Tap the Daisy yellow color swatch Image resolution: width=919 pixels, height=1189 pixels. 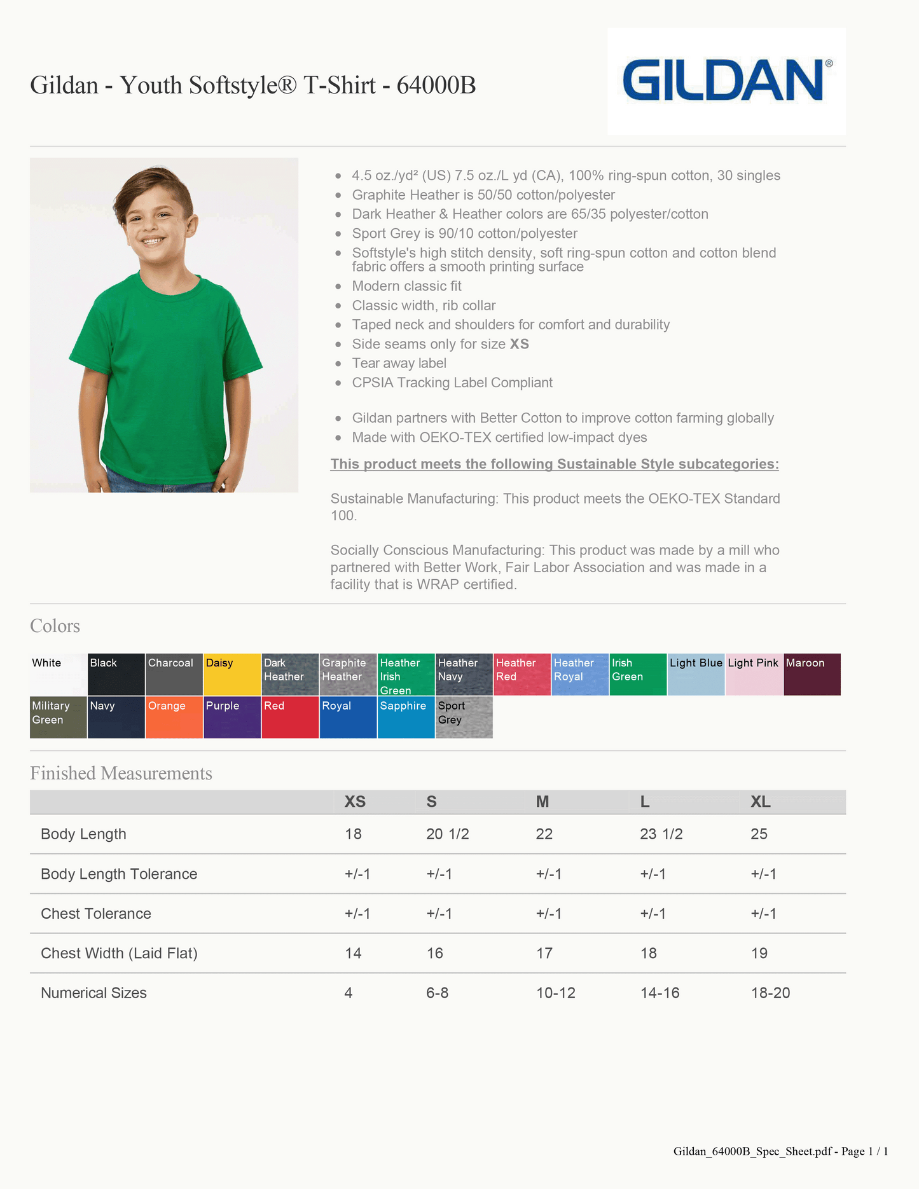232,675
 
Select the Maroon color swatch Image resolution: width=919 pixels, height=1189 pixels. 812,675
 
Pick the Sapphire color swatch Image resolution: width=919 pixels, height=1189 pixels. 406,717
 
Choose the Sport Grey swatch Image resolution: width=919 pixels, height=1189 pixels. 464,717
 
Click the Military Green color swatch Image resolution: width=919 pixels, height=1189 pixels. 59,717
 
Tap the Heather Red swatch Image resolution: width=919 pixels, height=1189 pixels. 522,675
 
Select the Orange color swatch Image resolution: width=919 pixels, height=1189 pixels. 174,717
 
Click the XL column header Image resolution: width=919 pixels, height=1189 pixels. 761,802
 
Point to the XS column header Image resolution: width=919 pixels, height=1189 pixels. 355,802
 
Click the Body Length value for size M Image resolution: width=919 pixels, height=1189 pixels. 544,834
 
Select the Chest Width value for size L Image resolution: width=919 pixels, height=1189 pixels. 649,953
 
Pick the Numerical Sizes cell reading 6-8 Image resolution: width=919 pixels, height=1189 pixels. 438,993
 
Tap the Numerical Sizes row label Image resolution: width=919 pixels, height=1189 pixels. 93,993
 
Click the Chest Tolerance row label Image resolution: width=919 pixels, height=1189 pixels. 96,914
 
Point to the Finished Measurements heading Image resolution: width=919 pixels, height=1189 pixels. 121,773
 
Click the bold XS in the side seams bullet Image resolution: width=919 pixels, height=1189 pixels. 520,344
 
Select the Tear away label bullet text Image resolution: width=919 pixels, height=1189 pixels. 399,363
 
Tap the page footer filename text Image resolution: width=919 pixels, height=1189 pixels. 780,1151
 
